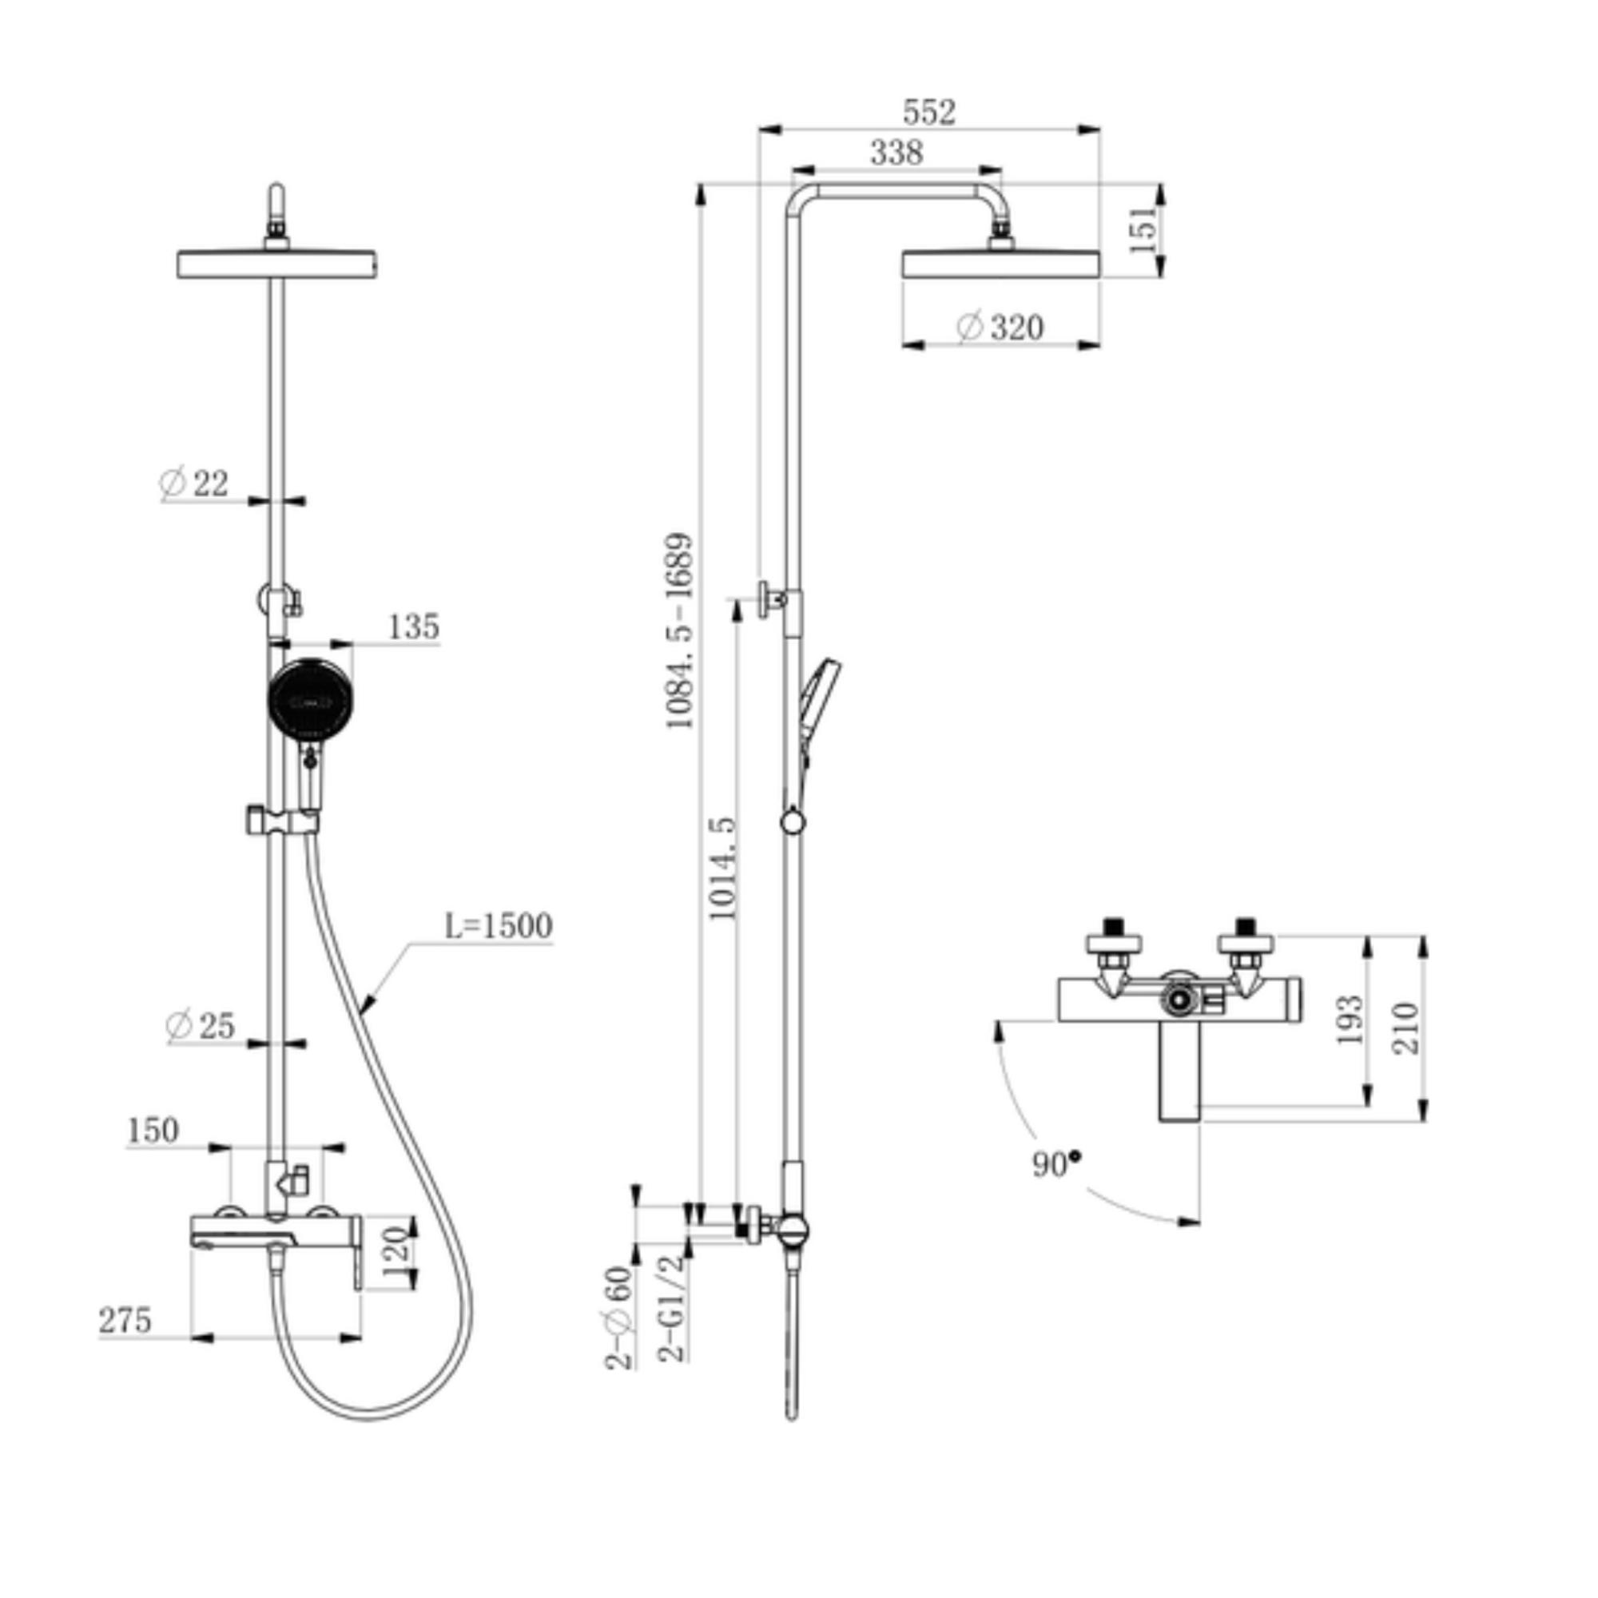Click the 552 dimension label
929,113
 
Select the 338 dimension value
896,153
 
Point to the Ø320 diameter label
1000,328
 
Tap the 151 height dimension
1143,229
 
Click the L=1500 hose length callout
498,925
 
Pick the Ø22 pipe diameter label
193,483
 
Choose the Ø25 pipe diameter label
201,1026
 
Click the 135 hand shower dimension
414,627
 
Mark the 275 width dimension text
125,1320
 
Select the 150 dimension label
153,1131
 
